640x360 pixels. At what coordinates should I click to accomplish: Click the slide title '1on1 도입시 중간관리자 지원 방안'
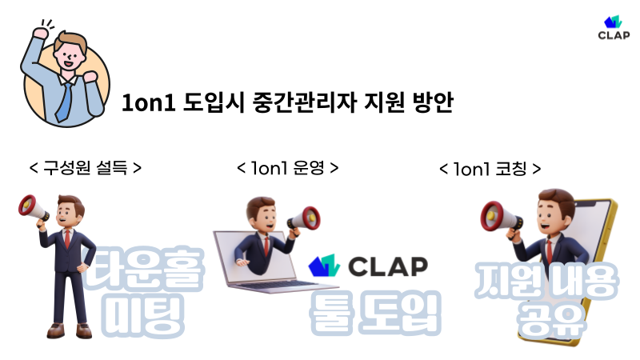pyautogui.click(x=287, y=104)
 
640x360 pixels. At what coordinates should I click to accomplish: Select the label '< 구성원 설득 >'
pyautogui.click(x=86, y=168)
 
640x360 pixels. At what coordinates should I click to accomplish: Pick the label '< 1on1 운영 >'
pyautogui.click(x=288, y=168)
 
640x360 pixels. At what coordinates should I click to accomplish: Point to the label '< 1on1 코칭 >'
pyautogui.click(x=490, y=170)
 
